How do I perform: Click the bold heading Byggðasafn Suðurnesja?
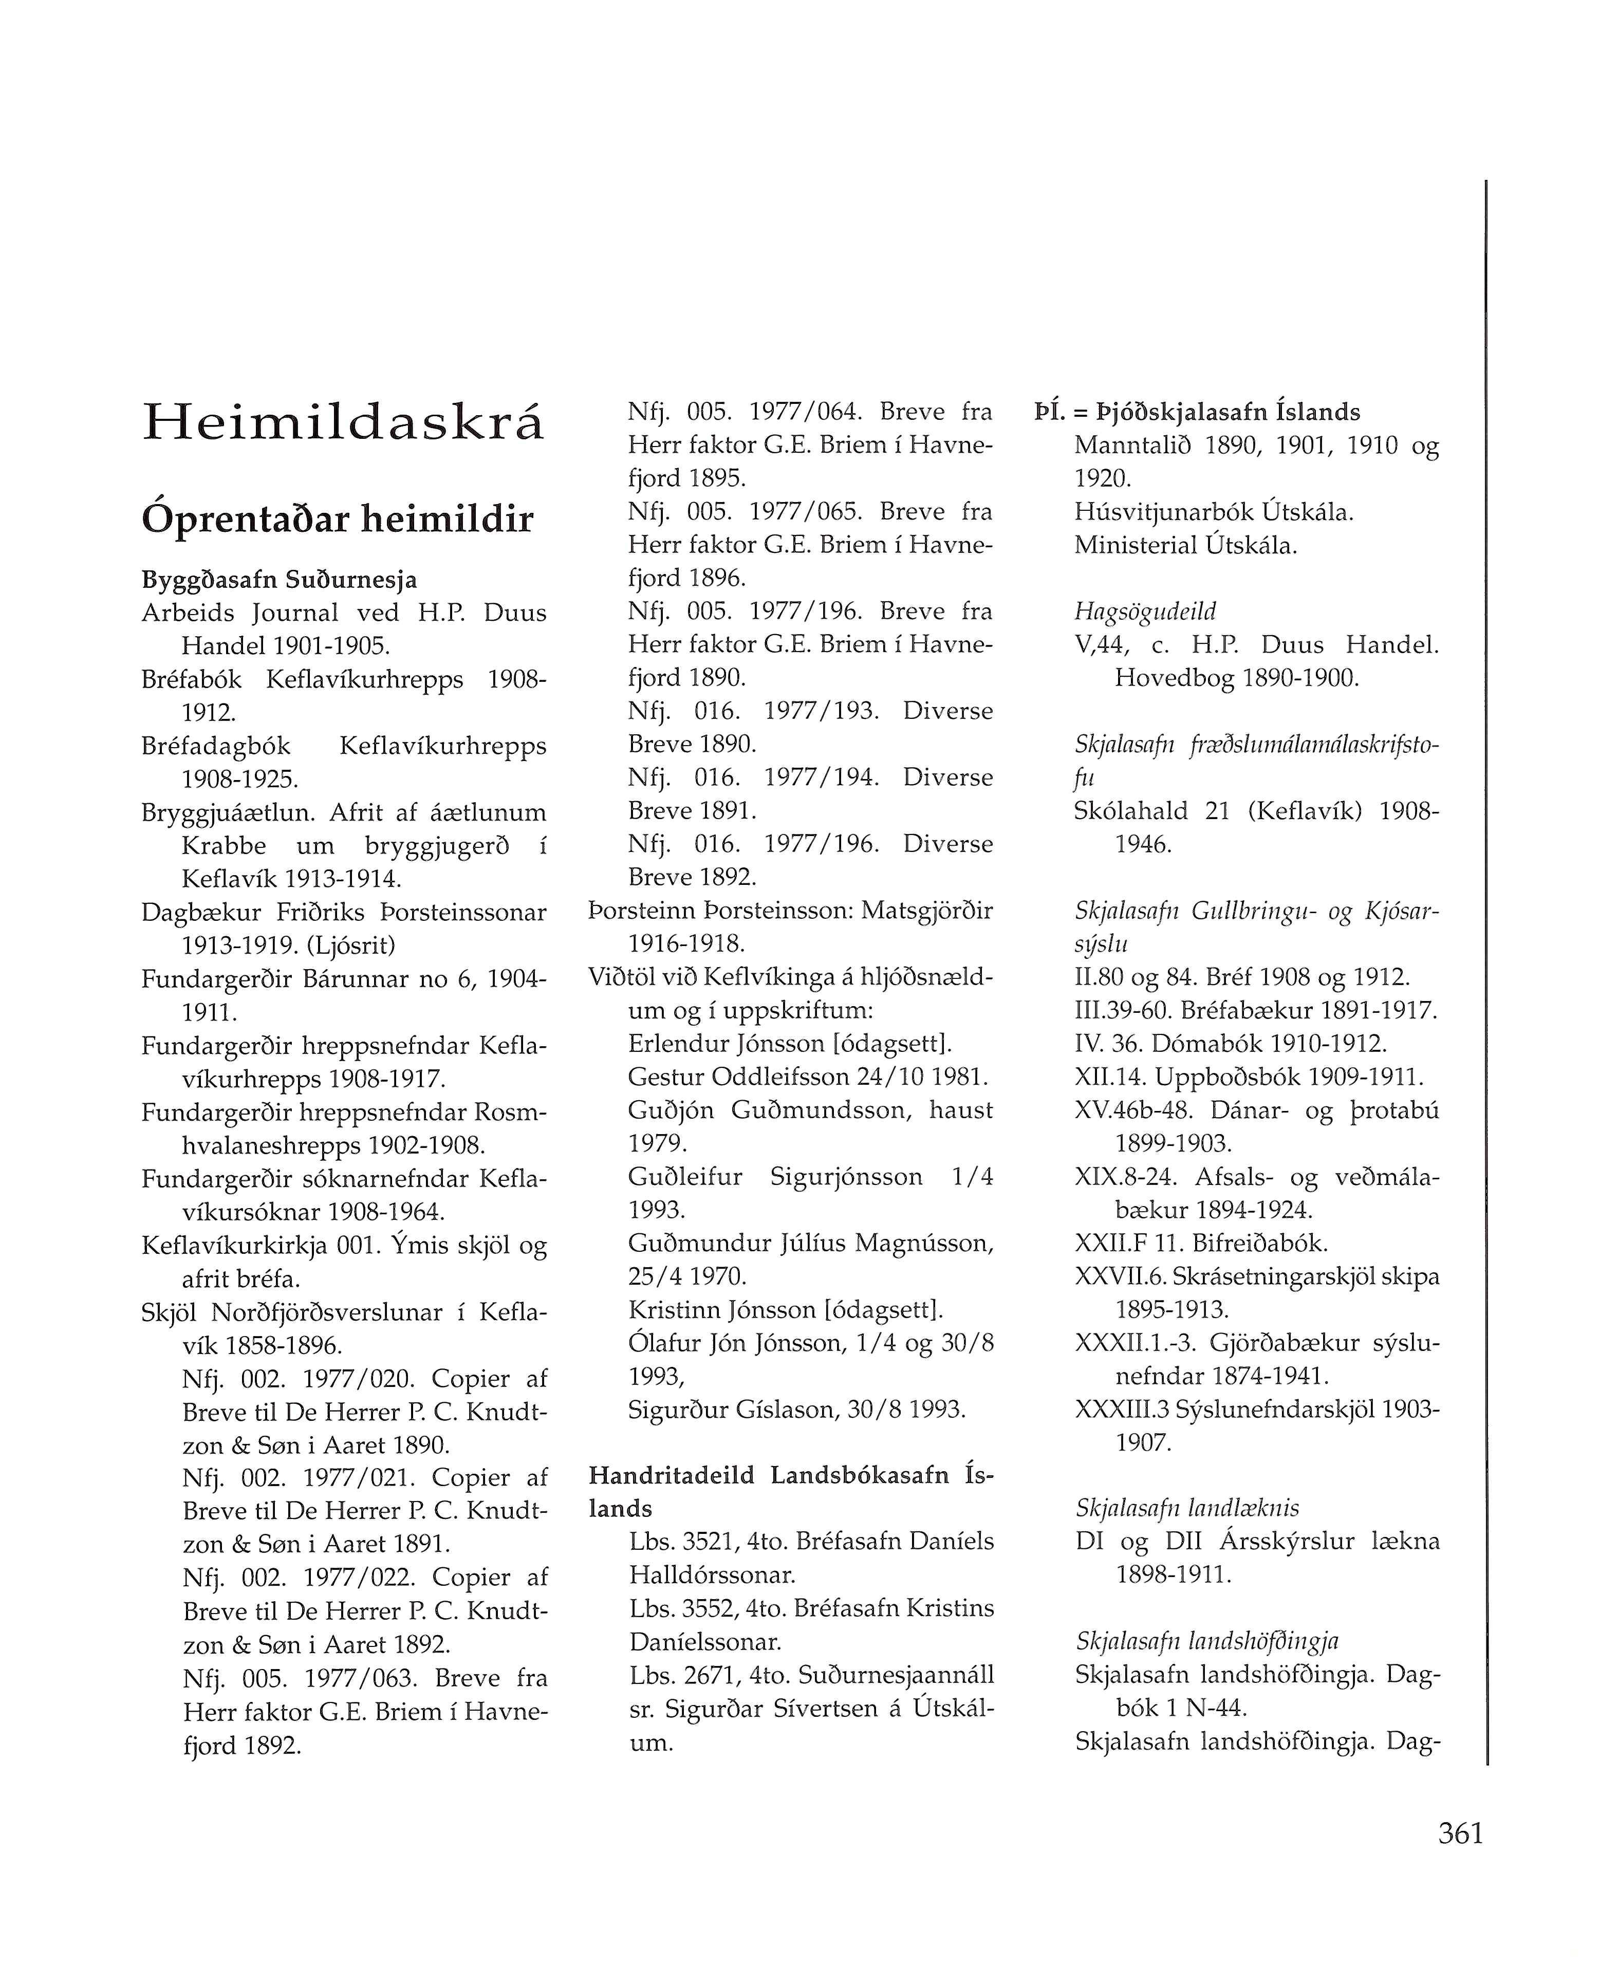[278, 580]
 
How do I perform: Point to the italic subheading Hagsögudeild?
[1145, 611]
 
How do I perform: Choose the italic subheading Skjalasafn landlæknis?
[1186, 1508]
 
